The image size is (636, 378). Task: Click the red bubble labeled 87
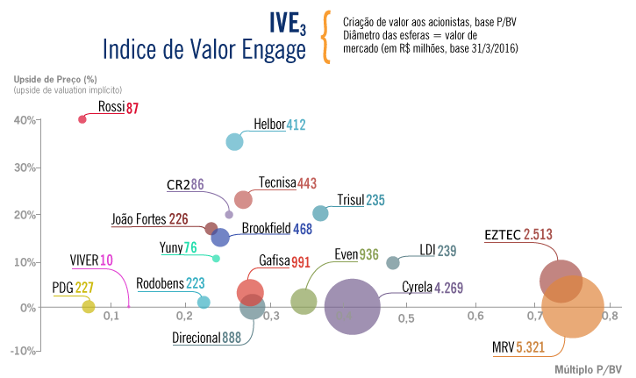[x=82, y=119]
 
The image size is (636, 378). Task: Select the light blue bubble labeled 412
[x=234, y=142]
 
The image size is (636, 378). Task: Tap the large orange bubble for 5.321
[x=574, y=306]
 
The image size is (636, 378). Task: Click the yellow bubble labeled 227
[x=88, y=306]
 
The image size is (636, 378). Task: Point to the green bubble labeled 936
[x=304, y=302]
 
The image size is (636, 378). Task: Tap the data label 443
[x=307, y=183]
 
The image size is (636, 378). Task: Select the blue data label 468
[x=303, y=230]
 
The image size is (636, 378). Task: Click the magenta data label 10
[x=106, y=260]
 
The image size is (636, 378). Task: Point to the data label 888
[x=232, y=337]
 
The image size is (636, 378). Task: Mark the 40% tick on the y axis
[x=25, y=120]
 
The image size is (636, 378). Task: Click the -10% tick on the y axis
[x=24, y=351]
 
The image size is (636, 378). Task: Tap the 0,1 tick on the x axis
[x=111, y=317]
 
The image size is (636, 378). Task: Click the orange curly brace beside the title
[x=326, y=37]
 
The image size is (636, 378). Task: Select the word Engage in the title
[x=271, y=50]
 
